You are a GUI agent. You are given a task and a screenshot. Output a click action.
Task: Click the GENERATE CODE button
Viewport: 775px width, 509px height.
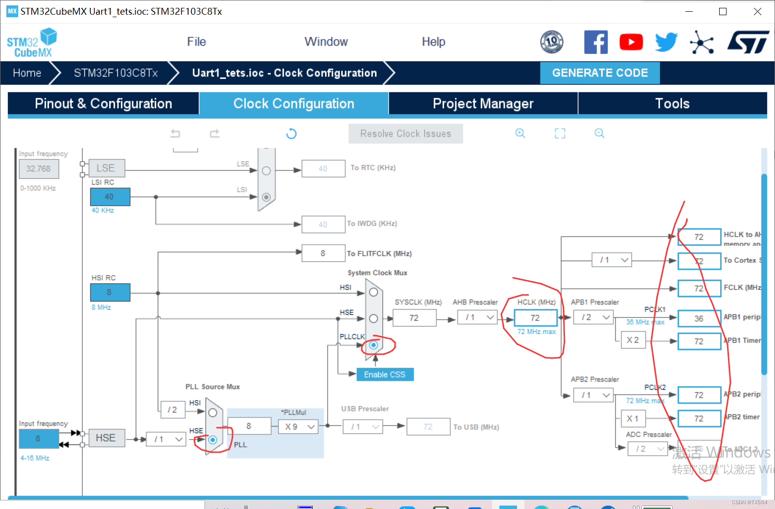point(600,73)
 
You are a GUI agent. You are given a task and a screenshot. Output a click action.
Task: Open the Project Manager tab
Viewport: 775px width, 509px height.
point(483,103)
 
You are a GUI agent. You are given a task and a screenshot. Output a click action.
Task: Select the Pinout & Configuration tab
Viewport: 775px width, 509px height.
point(103,103)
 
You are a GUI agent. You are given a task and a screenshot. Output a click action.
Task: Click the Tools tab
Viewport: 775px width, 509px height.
point(672,103)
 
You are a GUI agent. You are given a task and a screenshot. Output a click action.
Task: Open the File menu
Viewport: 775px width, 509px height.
point(196,42)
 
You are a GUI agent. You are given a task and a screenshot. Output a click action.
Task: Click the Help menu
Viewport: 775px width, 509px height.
point(433,42)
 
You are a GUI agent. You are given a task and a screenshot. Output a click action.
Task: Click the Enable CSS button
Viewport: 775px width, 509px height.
point(385,375)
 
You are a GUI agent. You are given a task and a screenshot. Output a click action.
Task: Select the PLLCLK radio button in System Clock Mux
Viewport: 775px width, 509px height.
point(374,345)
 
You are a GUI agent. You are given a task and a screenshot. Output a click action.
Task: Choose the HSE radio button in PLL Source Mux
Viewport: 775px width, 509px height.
point(212,440)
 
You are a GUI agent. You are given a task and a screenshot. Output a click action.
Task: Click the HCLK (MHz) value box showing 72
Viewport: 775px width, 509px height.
point(535,318)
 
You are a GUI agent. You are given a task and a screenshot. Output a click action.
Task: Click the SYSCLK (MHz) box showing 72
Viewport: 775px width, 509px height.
point(414,318)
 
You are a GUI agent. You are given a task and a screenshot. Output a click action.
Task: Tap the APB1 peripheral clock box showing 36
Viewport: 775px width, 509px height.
point(699,318)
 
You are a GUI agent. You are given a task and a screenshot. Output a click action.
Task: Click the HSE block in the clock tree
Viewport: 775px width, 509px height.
point(105,438)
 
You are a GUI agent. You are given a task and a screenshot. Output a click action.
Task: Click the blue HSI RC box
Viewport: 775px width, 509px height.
point(110,292)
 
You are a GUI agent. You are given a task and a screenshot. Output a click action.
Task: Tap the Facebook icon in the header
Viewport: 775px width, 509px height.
point(596,42)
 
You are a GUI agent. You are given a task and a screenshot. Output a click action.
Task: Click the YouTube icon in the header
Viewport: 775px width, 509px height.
point(631,42)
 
